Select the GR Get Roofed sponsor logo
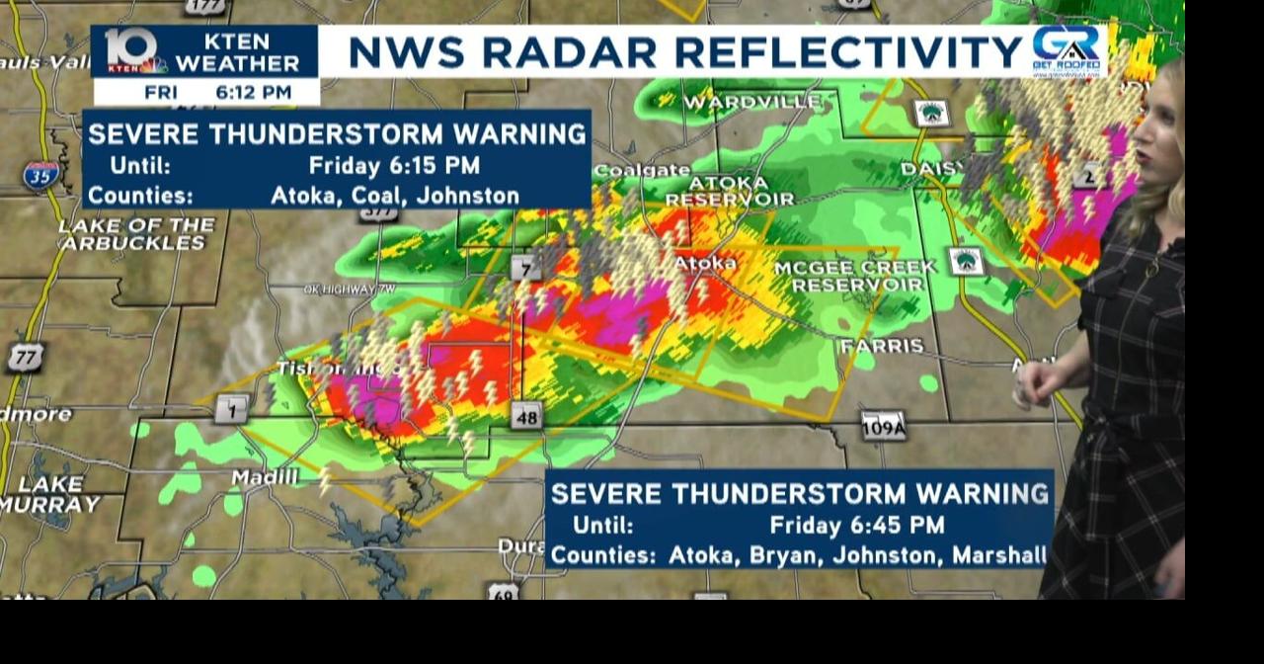tap(1066, 50)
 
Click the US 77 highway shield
tap(24, 357)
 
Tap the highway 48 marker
tap(526, 417)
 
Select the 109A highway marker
tap(883, 425)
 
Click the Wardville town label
tap(752, 102)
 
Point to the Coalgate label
tap(642, 170)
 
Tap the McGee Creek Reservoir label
tap(855, 277)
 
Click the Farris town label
tap(881, 346)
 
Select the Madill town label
tap(264, 478)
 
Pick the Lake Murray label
tap(49, 495)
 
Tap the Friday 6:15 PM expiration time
tap(394, 165)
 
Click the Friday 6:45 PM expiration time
tap(856, 525)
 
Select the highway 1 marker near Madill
tap(230, 408)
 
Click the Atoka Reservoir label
tap(729, 191)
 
